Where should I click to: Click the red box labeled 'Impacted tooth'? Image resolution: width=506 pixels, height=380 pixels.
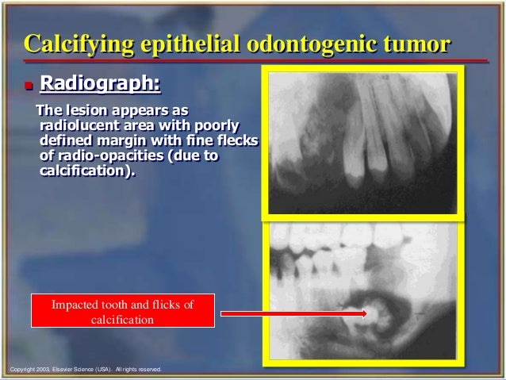pos(122,312)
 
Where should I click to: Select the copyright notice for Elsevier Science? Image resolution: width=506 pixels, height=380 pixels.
pos(82,369)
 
